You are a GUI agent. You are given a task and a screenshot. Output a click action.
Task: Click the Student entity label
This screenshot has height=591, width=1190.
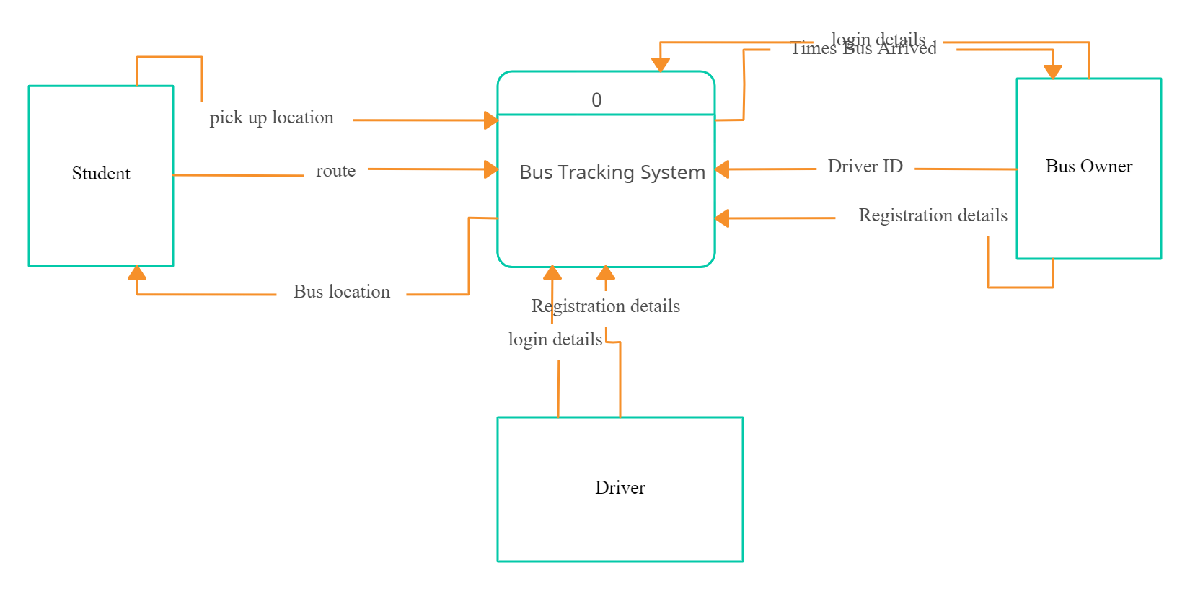click(x=101, y=174)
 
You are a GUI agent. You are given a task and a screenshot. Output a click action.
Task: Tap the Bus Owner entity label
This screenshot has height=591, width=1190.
click(x=1088, y=166)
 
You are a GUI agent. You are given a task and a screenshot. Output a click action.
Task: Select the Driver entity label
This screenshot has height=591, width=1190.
click(x=620, y=488)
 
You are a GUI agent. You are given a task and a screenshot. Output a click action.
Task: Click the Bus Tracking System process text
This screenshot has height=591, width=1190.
click(x=612, y=172)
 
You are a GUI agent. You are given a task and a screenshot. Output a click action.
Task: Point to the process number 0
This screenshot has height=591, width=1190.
click(x=596, y=100)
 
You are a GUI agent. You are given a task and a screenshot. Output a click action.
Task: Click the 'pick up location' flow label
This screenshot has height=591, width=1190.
click(x=271, y=117)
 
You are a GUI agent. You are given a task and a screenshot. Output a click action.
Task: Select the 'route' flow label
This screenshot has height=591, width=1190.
click(x=335, y=172)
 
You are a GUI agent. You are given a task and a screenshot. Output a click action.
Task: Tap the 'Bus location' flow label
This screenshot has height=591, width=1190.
click(x=341, y=292)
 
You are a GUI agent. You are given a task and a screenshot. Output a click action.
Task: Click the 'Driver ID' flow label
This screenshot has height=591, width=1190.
click(x=865, y=166)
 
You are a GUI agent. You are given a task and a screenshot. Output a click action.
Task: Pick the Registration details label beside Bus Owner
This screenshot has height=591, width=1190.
click(x=932, y=215)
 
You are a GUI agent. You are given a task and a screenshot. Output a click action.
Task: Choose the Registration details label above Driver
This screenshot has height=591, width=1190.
click(x=606, y=306)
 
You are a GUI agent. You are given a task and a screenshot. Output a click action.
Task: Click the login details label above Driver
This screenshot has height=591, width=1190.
click(x=555, y=339)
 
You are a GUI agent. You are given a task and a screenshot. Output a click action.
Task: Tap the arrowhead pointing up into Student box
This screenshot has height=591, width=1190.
click(x=137, y=272)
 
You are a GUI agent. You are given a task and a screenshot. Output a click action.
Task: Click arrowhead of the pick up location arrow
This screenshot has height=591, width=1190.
click(x=491, y=120)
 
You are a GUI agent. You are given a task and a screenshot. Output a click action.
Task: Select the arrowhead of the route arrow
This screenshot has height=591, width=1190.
click(x=491, y=169)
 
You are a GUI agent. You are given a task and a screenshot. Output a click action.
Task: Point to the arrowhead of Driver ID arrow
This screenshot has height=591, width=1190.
click(x=723, y=169)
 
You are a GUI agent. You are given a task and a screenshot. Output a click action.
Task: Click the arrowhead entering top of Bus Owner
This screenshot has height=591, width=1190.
click(x=1052, y=71)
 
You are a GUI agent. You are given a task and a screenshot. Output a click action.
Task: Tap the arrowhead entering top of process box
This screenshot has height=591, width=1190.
click(x=660, y=65)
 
